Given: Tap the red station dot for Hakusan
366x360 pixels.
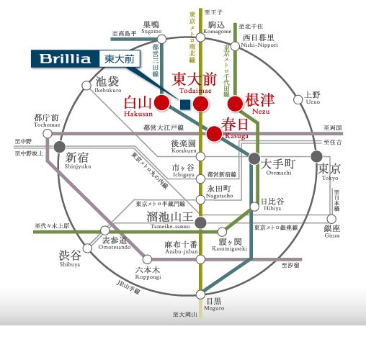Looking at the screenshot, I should [x=161, y=104].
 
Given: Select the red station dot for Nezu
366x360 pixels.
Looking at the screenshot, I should [x=235, y=104].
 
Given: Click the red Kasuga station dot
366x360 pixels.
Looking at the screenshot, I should [x=214, y=132].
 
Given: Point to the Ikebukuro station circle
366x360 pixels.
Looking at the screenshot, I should [x=86, y=86].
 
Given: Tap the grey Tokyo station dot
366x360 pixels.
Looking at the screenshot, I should [x=316, y=156].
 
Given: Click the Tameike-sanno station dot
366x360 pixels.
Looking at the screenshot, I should [x=201, y=220].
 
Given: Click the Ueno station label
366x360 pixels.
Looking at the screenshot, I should [x=312, y=98].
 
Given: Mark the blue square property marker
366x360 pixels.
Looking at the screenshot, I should [x=185, y=104].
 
